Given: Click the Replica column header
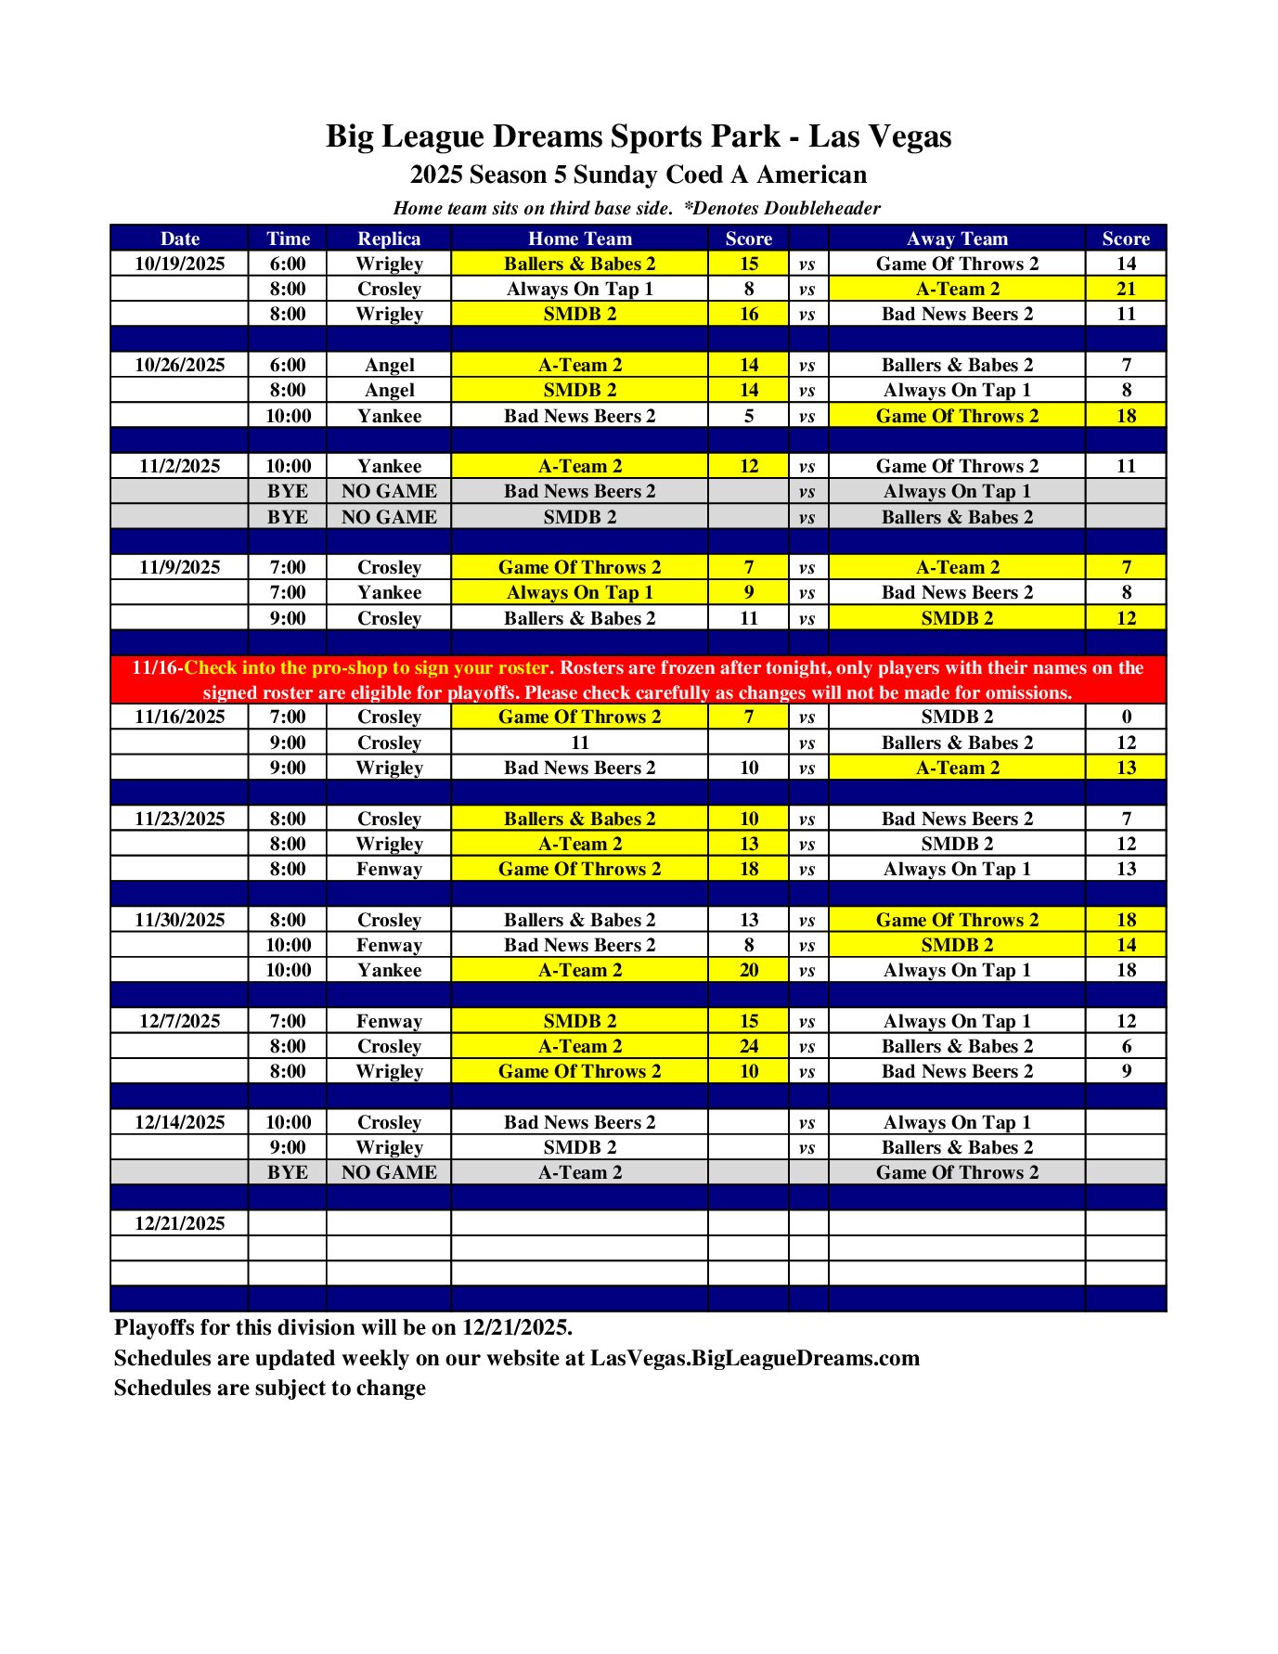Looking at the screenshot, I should click(389, 239).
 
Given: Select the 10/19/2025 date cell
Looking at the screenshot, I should click(179, 264).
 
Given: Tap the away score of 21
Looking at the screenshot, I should click(1126, 289).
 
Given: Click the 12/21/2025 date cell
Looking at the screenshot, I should click(179, 1223).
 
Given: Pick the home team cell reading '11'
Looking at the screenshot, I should click(579, 743).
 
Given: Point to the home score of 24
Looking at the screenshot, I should click(749, 1046).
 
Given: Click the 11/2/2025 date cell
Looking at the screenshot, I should click(179, 466).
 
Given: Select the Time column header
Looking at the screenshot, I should click(288, 239).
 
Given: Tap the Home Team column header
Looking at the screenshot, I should click(579, 239).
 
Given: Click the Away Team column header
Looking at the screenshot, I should click(957, 239).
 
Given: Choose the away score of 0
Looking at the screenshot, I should click(1126, 717).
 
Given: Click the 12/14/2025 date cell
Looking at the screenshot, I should click(179, 1122).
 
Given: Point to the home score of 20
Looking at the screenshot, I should click(749, 970).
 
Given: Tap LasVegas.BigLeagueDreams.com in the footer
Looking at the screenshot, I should click(755, 1358).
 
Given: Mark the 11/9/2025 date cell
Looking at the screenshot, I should click(179, 567).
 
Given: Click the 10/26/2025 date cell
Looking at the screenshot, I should click(179, 365).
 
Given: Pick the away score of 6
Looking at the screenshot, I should click(1126, 1046).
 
